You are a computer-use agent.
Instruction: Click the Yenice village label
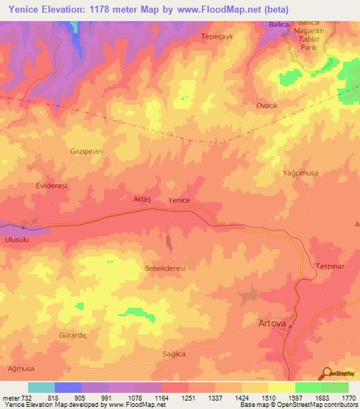[x=179, y=200]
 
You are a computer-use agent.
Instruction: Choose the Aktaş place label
[x=142, y=200]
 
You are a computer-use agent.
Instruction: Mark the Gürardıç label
[x=72, y=337]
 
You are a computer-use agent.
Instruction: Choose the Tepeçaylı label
[x=217, y=36]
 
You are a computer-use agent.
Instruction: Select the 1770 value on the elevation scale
[x=341, y=397]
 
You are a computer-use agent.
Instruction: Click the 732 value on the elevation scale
[x=21, y=397]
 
